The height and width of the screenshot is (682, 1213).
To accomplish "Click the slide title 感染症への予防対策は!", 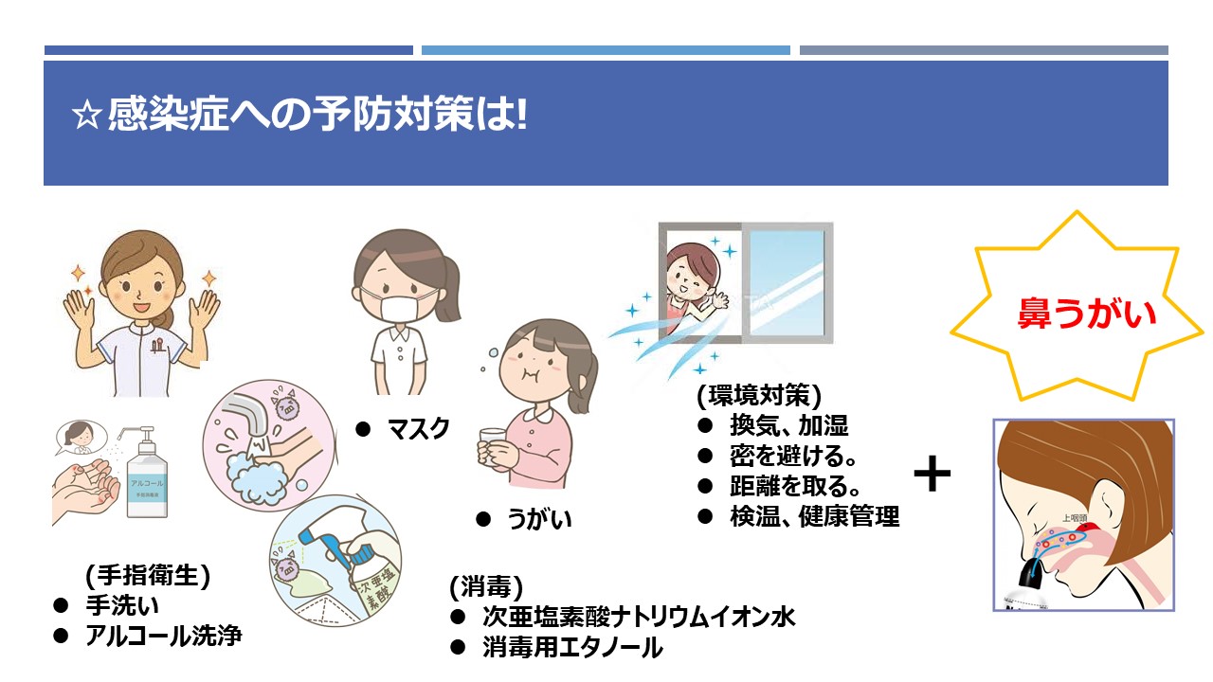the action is tap(299, 115).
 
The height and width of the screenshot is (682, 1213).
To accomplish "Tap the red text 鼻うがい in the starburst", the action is tap(1087, 314).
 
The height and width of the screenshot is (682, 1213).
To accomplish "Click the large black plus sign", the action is tap(932, 473).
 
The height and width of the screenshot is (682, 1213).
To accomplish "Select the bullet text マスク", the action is tap(418, 429).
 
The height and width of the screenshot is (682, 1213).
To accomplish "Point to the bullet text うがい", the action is tap(539, 518).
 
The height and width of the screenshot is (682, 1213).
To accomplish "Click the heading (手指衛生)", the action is tap(147, 574).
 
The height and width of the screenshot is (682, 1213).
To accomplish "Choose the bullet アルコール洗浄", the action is tap(164, 636).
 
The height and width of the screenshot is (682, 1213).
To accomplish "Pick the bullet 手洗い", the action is tap(122, 605).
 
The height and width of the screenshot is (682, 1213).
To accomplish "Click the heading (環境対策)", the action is tap(759, 395).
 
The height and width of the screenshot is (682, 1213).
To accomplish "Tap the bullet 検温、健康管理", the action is tap(814, 516).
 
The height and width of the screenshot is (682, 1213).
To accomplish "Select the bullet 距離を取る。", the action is tap(794, 486).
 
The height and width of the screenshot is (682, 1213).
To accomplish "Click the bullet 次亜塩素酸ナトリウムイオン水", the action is tap(639, 617).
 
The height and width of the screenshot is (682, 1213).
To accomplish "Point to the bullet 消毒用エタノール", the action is tap(572, 647).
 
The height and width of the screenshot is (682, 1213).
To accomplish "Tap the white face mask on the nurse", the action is tap(400, 308).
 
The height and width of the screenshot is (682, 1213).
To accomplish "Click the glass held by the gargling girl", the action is tap(492, 447).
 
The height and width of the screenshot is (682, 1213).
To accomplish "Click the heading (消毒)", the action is tap(486, 586).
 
